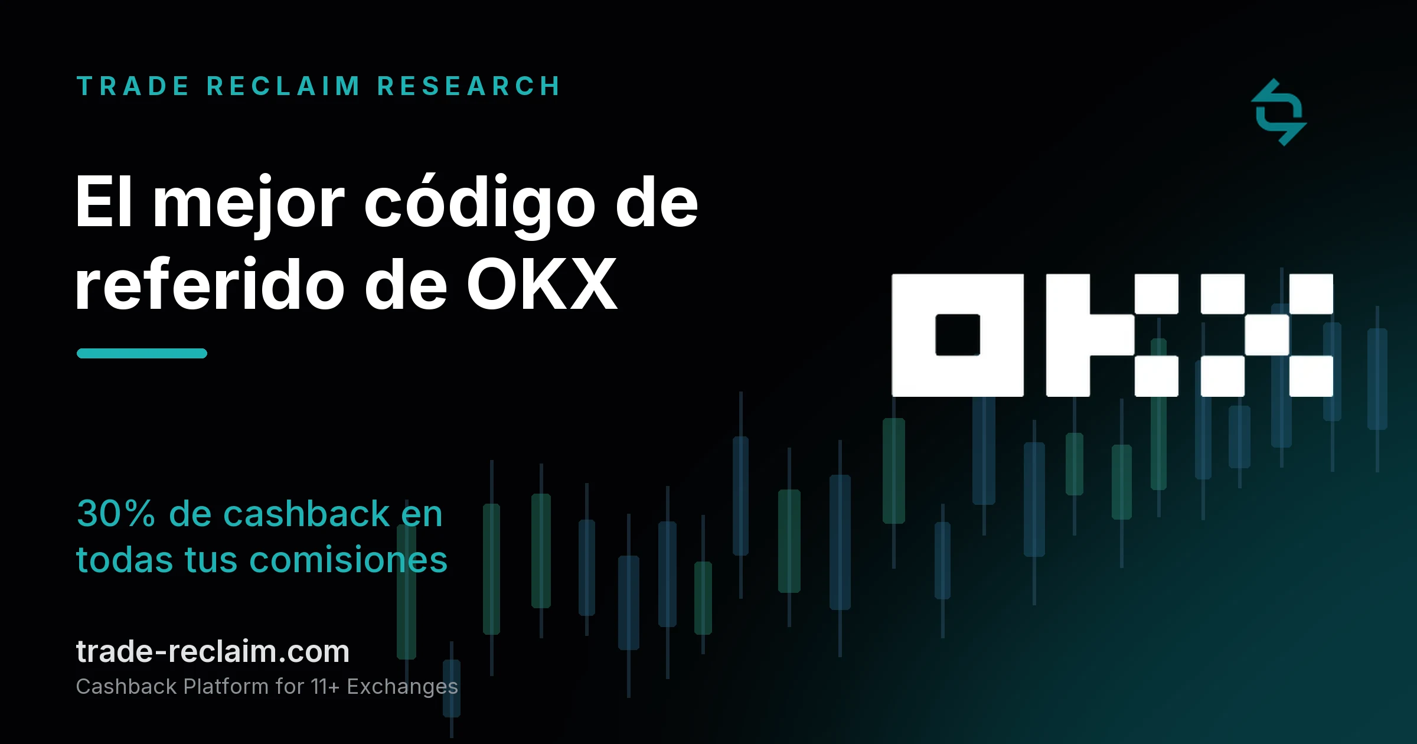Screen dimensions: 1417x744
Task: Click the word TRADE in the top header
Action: pos(132,86)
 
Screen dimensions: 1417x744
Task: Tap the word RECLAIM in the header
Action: pos(283,86)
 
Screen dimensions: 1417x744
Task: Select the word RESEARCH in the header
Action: pos(469,86)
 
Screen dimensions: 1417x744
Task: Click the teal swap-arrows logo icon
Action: pos(1279,112)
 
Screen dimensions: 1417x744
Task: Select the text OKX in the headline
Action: pos(542,285)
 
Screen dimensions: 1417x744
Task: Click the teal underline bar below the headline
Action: pos(142,353)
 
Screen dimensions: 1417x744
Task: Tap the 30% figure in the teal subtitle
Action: pos(116,513)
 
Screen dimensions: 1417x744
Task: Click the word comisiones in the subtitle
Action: pos(348,560)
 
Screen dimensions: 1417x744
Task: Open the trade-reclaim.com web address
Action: pos(213,652)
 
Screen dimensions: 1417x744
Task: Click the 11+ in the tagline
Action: pos(325,687)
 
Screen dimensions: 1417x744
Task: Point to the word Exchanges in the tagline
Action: pos(402,687)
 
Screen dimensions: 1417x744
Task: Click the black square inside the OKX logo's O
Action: pos(958,335)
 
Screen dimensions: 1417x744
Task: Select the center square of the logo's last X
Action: pos(1267,335)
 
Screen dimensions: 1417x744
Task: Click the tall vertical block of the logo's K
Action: pos(1067,335)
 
